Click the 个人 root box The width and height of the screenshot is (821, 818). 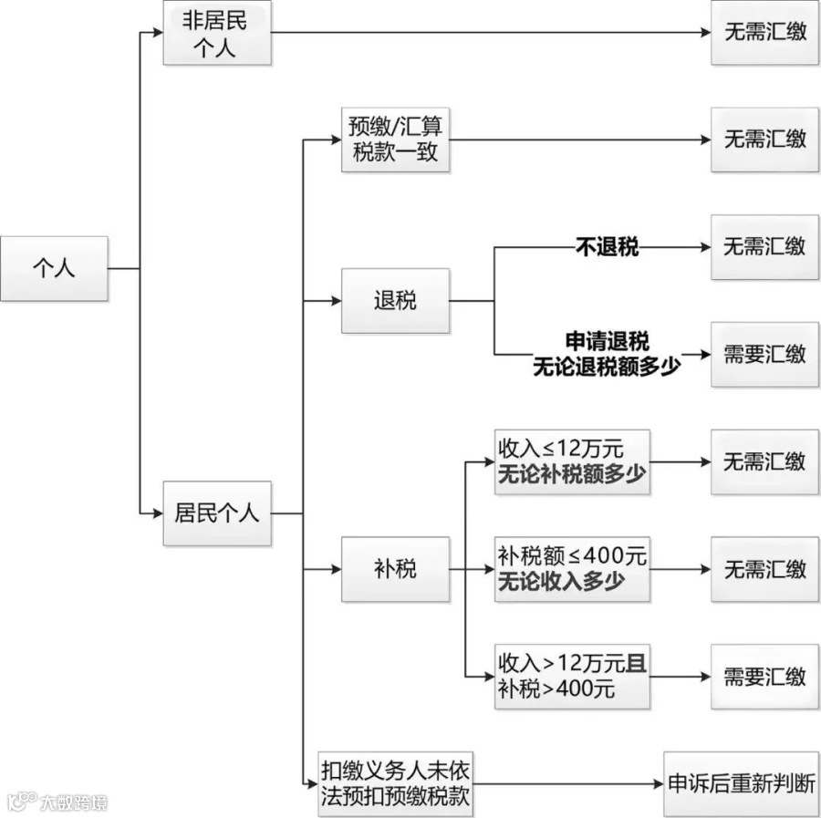(54, 268)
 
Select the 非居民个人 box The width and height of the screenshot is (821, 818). (217, 33)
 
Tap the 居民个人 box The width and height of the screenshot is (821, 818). (217, 513)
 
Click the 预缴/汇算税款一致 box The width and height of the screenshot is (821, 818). (395, 140)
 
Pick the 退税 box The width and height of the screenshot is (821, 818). (395, 301)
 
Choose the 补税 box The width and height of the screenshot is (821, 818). (395, 569)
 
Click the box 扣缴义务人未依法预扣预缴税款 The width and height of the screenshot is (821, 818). (395, 784)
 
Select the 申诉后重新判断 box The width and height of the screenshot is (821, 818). (742, 784)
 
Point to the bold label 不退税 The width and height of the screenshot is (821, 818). (607, 247)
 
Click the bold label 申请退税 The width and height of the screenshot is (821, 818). (607, 341)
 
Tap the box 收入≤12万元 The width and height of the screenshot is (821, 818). (572, 462)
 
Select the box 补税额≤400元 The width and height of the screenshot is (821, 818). (572, 569)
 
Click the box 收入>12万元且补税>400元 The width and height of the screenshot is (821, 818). (572, 677)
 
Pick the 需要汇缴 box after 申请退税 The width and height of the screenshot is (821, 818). (764, 355)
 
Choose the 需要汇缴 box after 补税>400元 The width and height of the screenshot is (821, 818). (764, 677)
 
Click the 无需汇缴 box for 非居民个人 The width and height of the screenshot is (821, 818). (764, 33)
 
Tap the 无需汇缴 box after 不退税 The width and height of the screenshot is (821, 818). (764, 247)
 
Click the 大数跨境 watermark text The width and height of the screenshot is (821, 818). (73, 802)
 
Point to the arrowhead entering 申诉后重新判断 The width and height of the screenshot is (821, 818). (659, 784)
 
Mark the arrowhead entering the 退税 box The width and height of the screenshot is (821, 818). (336, 301)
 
